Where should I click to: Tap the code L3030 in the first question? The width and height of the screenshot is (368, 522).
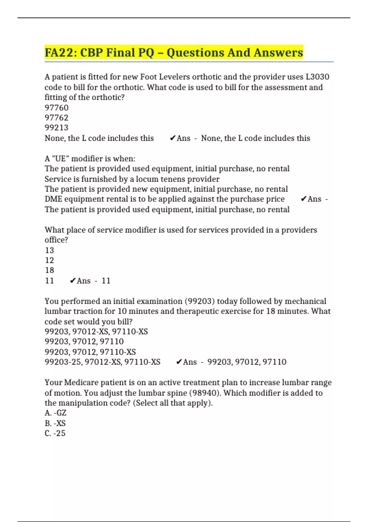coord(317,77)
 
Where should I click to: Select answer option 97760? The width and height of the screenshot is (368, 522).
coord(57,108)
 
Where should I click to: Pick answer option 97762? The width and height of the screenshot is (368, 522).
coord(57,118)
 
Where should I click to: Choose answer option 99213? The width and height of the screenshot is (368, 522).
coord(57,128)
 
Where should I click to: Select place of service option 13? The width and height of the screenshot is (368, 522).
coord(49,250)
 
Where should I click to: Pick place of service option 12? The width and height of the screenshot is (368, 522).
coord(49,260)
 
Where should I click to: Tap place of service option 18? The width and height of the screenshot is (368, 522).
coord(49,270)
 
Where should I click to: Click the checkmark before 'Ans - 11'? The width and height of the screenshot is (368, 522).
coord(73,281)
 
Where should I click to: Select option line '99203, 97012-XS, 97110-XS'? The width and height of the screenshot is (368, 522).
coord(96,332)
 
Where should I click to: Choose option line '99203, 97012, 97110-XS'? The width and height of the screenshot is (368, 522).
coord(90,352)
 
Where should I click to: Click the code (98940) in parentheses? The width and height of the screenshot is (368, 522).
coord(205,393)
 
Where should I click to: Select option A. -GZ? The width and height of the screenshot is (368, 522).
coord(56,413)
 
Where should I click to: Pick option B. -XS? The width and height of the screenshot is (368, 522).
coord(55,423)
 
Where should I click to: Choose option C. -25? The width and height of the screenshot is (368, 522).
coord(55,434)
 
